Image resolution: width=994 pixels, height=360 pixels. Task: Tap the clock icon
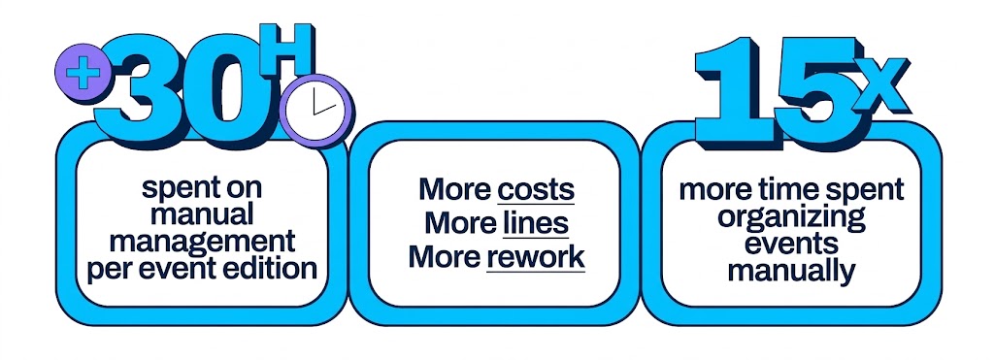coord(315,111)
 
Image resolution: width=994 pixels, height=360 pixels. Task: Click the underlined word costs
coord(536,189)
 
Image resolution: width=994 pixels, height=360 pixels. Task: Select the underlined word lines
coord(536,224)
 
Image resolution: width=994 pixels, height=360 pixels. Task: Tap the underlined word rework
coord(536,258)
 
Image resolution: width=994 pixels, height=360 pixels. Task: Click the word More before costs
coord(454,189)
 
